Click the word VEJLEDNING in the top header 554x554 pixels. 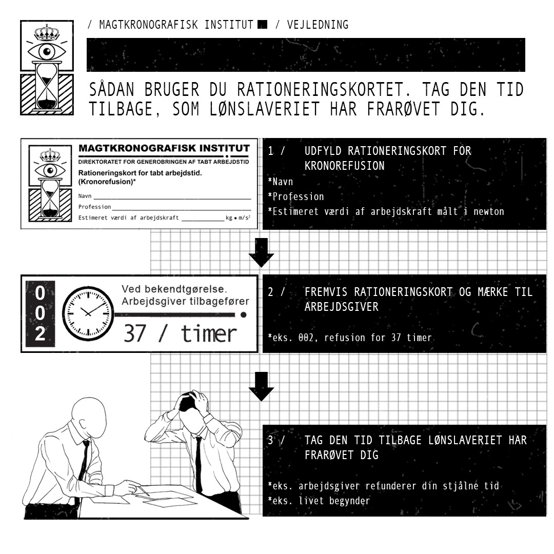coord(318,25)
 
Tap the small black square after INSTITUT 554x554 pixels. coord(263,25)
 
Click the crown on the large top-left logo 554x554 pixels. coord(47,33)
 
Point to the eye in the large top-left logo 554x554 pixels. coord(47,52)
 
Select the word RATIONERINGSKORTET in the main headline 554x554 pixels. coord(321,90)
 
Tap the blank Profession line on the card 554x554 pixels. coord(182,210)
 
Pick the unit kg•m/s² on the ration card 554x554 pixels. coord(238,217)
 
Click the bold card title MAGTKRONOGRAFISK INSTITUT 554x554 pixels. coord(164,148)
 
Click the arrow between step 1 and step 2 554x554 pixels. coord(261,253)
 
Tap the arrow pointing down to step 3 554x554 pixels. coord(261,387)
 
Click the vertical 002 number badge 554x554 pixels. coord(41,314)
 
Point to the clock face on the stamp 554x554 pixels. coord(88,313)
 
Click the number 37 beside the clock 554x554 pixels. coord(134,333)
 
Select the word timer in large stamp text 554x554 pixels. coord(209,333)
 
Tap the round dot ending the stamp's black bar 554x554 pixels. coord(244,314)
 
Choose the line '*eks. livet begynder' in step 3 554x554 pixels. coord(319,501)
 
